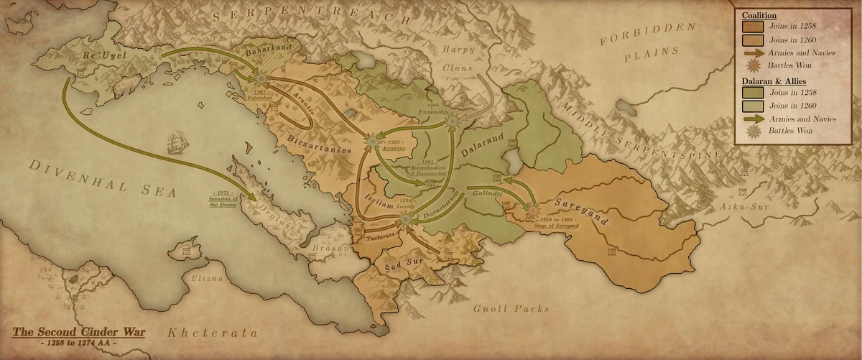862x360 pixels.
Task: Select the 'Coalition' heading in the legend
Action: tap(759, 14)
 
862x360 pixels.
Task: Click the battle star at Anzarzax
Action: tap(372, 142)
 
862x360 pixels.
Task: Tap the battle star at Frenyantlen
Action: tap(452, 123)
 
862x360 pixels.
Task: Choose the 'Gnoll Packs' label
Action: tap(511, 308)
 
